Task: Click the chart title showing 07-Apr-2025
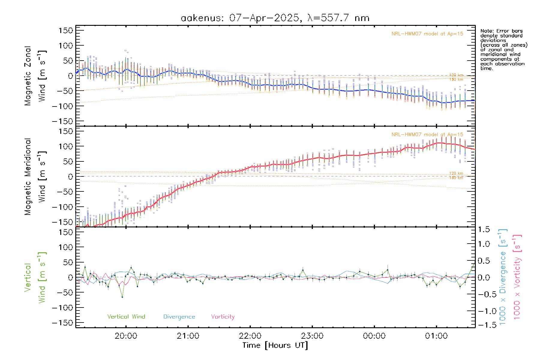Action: tap(275, 18)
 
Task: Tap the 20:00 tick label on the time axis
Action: tap(126, 336)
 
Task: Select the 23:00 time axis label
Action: tap(312, 336)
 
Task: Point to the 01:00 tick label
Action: tap(436, 336)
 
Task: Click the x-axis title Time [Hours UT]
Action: tap(275, 345)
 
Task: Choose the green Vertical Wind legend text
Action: tap(126, 317)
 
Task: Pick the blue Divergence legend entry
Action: tap(179, 317)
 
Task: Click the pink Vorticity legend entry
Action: tap(223, 317)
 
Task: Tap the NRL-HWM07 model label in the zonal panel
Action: tap(427, 34)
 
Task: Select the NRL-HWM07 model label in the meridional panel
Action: tap(427, 135)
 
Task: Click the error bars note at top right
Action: tap(503, 49)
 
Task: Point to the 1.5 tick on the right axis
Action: tap(484, 229)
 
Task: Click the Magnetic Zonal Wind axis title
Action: tap(35, 76)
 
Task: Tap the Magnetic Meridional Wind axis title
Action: tap(35, 176)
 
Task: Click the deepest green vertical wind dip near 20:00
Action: tap(122, 297)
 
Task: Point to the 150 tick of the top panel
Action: tap(66, 31)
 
